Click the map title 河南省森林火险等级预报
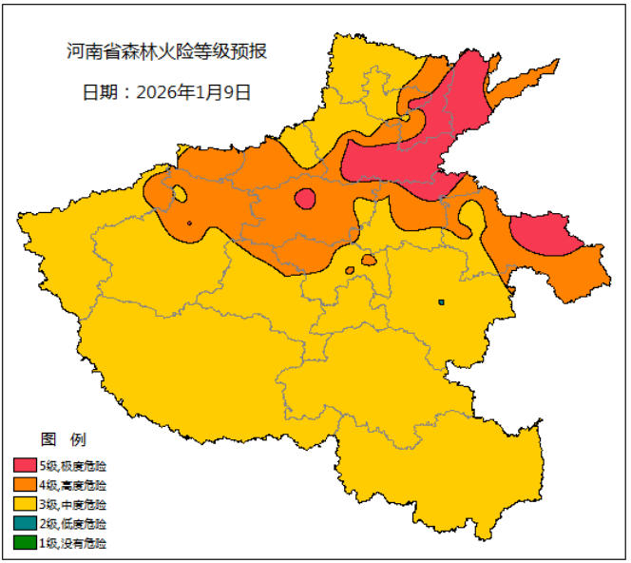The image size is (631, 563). pyautogui.click(x=166, y=50)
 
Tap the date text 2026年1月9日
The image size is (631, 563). pyautogui.click(x=165, y=92)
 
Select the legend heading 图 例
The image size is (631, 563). pyautogui.click(x=64, y=439)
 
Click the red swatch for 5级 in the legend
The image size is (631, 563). pyautogui.click(x=25, y=466)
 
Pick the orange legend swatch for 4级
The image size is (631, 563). pyautogui.click(x=25, y=485)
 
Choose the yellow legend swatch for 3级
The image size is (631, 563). pyautogui.click(x=25, y=504)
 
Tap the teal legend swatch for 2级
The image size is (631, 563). pyautogui.click(x=25, y=524)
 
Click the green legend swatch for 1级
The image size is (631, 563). pyautogui.click(x=25, y=543)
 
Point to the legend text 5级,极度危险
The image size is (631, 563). pyautogui.click(x=72, y=466)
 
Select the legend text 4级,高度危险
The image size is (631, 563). pyautogui.click(x=72, y=485)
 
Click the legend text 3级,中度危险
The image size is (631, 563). pyautogui.click(x=72, y=504)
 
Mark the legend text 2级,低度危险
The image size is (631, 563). pyautogui.click(x=72, y=524)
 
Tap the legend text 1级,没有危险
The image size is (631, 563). pyautogui.click(x=72, y=543)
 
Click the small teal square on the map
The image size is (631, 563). pyautogui.click(x=442, y=302)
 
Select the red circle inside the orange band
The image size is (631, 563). pyautogui.click(x=305, y=198)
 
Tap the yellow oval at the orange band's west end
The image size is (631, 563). pyautogui.click(x=179, y=194)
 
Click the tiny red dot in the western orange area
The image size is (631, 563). pyautogui.click(x=190, y=223)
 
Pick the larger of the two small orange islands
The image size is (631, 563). pyautogui.click(x=369, y=260)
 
